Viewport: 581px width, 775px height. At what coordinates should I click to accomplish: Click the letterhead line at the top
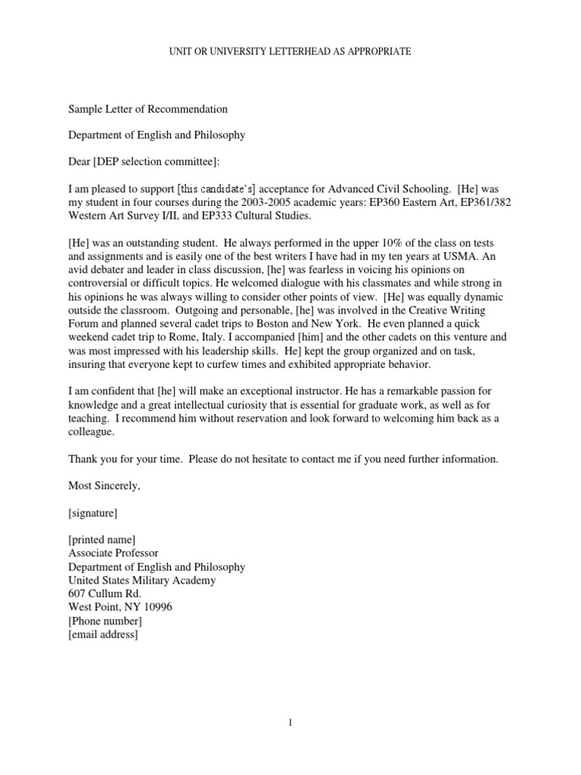click(x=290, y=51)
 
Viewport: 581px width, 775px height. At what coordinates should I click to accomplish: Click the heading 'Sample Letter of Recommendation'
click(x=148, y=109)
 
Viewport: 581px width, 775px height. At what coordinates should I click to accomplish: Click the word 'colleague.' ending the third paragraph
click(x=92, y=432)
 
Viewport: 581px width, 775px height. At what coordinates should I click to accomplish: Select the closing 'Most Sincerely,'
click(x=104, y=486)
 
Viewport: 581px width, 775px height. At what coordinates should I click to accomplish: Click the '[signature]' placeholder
click(x=92, y=512)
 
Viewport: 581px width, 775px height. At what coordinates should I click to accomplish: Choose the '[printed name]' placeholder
click(x=102, y=540)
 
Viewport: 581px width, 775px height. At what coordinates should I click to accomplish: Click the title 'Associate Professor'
click(x=113, y=553)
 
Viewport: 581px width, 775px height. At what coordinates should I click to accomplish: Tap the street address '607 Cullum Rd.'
click(x=104, y=594)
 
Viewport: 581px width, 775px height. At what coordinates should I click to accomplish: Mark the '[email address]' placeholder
click(x=103, y=635)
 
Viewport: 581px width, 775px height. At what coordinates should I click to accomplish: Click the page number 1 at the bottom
click(x=290, y=723)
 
